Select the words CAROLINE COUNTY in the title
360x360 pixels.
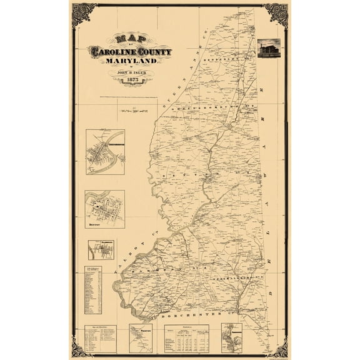tap(130, 51)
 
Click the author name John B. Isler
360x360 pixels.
tap(130, 72)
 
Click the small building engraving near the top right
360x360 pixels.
tap(269, 48)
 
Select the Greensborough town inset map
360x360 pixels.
tap(105, 152)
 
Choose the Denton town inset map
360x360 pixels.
tap(105, 209)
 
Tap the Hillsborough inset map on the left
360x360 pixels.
tap(101, 251)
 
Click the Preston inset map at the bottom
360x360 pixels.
tap(141, 338)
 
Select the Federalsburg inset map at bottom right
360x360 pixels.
tap(231, 338)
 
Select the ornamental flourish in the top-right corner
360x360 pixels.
tap(277, 14)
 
